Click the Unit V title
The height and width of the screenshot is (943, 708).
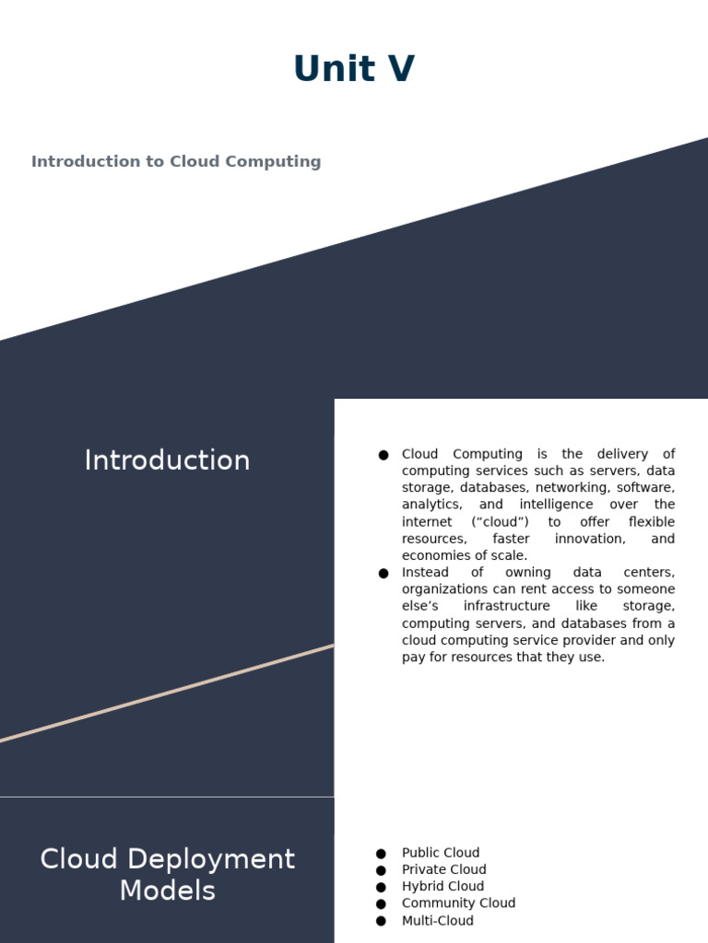(354, 70)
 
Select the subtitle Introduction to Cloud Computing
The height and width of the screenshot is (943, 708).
(176, 162)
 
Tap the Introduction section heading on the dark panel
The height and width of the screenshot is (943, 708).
(167, 460)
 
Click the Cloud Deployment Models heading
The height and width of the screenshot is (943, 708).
(167, 875)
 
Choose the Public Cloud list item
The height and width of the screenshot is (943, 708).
(441, 853)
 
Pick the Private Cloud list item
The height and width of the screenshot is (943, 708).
(443, 869)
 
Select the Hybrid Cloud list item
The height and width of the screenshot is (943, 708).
(442, 887)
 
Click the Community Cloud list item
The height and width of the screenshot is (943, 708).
(458, 903)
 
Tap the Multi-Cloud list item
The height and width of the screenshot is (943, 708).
(437, 921)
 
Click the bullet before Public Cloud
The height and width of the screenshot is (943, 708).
(382, 854)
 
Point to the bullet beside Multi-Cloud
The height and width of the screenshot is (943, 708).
(382, 921)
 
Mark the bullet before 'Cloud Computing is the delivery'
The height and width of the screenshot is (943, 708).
(383, 455)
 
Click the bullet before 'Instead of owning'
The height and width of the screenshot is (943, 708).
(383, 574)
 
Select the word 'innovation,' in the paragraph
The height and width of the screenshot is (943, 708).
(590, 539)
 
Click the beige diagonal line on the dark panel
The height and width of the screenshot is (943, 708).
(167, 693)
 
